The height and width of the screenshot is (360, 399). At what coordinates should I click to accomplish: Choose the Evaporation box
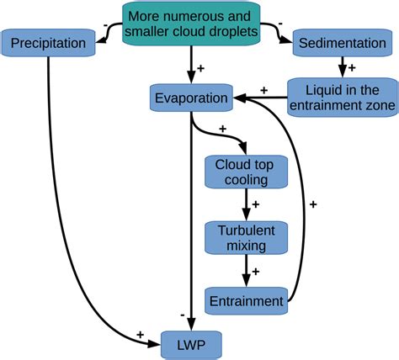click(191, 98)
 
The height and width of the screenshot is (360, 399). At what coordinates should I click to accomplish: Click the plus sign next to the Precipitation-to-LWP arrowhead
click(140, 335)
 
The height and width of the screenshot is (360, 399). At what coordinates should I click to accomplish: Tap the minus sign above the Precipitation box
click(104, 26)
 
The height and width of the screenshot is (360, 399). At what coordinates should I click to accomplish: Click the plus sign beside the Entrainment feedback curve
click(313, 204)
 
